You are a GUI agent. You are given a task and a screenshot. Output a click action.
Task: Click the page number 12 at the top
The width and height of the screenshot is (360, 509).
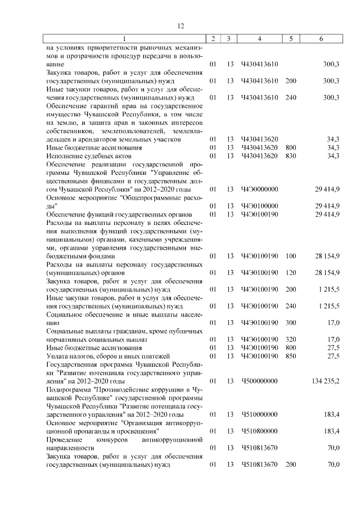coord(181,26)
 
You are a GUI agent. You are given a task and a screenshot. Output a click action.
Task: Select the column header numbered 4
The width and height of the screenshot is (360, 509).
coord(259,39)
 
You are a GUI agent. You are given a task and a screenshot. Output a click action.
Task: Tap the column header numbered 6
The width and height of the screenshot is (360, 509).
coord(321,39)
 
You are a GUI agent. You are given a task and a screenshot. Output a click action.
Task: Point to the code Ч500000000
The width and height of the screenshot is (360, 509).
coord(259,381)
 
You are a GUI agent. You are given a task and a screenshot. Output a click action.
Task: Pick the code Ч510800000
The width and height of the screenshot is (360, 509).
coord(259,431)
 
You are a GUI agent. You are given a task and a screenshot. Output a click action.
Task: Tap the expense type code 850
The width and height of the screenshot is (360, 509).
coord(290,356)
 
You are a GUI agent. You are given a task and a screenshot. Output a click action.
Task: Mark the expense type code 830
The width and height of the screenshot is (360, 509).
coord(290,155)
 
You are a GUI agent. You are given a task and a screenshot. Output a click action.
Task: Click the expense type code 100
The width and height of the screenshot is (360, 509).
coord(290,256)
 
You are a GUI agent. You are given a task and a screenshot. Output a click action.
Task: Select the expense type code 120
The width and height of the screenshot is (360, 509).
coord(290,273)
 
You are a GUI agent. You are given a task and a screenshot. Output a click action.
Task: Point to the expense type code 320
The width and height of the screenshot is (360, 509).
coord(290,339)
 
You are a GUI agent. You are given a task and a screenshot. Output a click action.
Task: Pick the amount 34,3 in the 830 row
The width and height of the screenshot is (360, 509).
coord(332,155)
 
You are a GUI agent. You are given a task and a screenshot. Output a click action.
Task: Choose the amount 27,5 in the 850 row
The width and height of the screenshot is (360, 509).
coord(332,356)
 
